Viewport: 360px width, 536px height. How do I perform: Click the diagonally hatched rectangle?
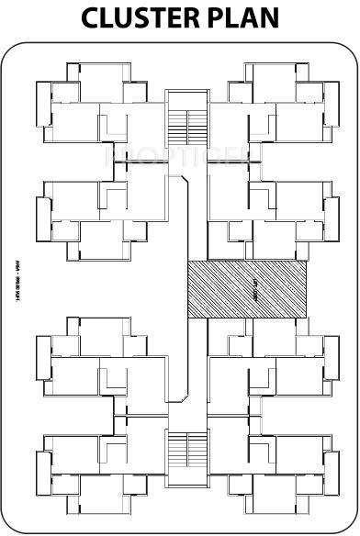[x=247, y=289]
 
